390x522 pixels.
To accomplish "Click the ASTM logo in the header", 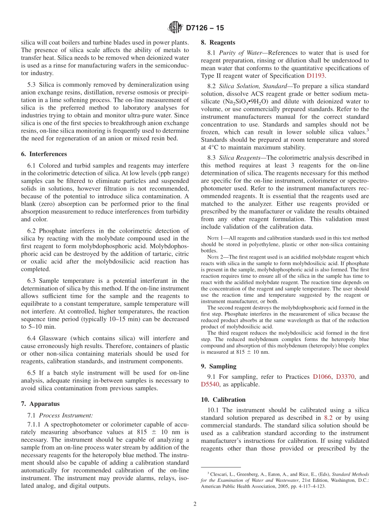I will coord(175,28).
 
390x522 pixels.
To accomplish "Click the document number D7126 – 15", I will coord(205,28).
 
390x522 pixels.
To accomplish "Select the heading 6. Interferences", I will coord(44,154).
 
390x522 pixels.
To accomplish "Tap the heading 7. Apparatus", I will coord(40,404).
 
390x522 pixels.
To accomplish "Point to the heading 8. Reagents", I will coord(218,42).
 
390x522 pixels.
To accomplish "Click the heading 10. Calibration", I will coord(223,399).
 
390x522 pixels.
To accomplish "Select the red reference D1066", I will coord(322,377).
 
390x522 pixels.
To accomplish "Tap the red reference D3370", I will coord(345,377).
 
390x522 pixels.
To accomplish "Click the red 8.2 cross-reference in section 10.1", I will coord(328,418).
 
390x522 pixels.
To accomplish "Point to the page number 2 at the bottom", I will coord(195,504).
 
